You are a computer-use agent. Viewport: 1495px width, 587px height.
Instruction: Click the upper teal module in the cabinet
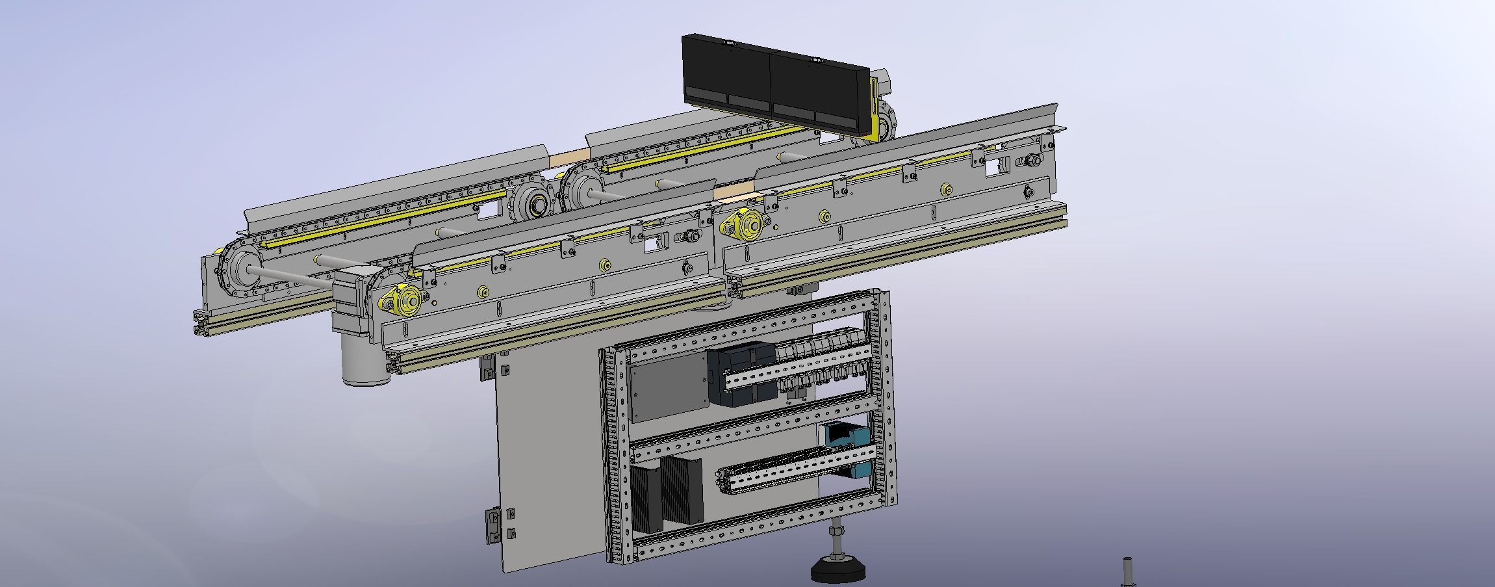[845, 435]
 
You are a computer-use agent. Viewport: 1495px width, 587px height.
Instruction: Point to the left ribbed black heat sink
[646, 498]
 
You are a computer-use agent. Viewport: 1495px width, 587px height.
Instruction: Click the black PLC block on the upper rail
[743, 374]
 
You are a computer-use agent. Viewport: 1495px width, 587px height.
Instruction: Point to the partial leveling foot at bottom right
[1128, 573]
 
